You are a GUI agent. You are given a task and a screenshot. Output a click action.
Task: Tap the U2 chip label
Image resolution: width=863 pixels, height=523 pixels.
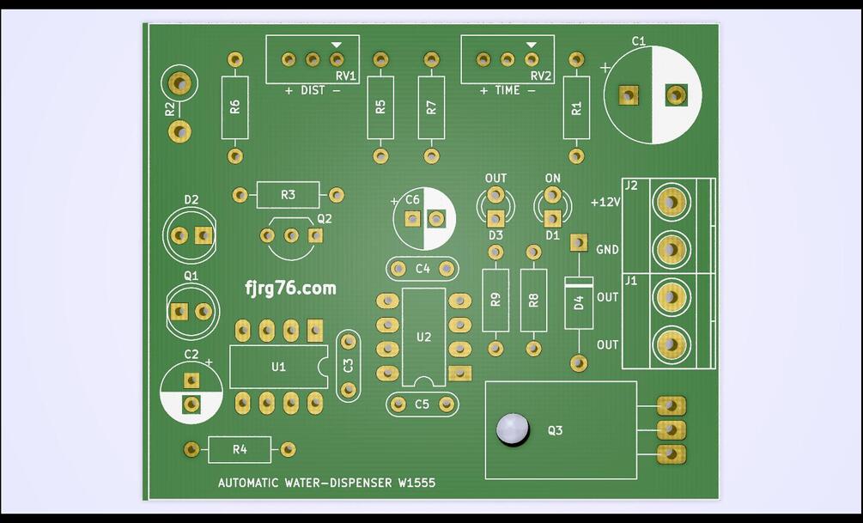[x=423, y=337]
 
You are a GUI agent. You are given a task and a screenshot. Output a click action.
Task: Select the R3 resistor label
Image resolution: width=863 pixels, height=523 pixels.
[x=288, y=195]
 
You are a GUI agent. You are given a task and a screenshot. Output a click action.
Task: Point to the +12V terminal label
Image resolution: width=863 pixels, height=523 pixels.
[x=605, y=203]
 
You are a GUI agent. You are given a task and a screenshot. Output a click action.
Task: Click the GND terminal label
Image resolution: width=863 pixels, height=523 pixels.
[x=607, y=250]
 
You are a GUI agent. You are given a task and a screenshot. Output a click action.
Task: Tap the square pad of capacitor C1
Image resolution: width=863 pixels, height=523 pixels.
[x=629, y=95]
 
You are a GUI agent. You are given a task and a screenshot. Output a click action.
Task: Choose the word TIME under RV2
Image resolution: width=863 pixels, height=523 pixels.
[x=507, y=90]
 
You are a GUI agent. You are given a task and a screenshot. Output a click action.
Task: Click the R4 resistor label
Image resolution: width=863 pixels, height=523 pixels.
[x=240, y=449]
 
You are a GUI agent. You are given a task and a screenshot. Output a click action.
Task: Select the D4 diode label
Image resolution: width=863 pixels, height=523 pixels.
[x=579, y=302]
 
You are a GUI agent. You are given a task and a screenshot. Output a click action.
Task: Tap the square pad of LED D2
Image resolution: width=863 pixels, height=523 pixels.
[x=204, y=235]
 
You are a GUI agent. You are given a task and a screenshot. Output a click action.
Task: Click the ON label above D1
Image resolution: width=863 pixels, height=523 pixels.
[x=552, y=179]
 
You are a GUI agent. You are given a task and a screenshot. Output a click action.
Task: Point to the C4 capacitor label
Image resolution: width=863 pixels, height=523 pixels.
[x=422, y=269]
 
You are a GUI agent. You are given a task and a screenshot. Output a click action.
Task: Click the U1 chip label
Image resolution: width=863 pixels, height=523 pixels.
[x=278, y=367]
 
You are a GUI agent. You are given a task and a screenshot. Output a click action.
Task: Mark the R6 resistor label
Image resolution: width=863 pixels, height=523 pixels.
[x=235, y=107]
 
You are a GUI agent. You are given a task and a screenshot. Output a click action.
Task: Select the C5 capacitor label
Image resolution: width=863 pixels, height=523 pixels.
[x=422, y=404]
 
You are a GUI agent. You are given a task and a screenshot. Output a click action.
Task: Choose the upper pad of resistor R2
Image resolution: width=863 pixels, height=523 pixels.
[x=179, y=83]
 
